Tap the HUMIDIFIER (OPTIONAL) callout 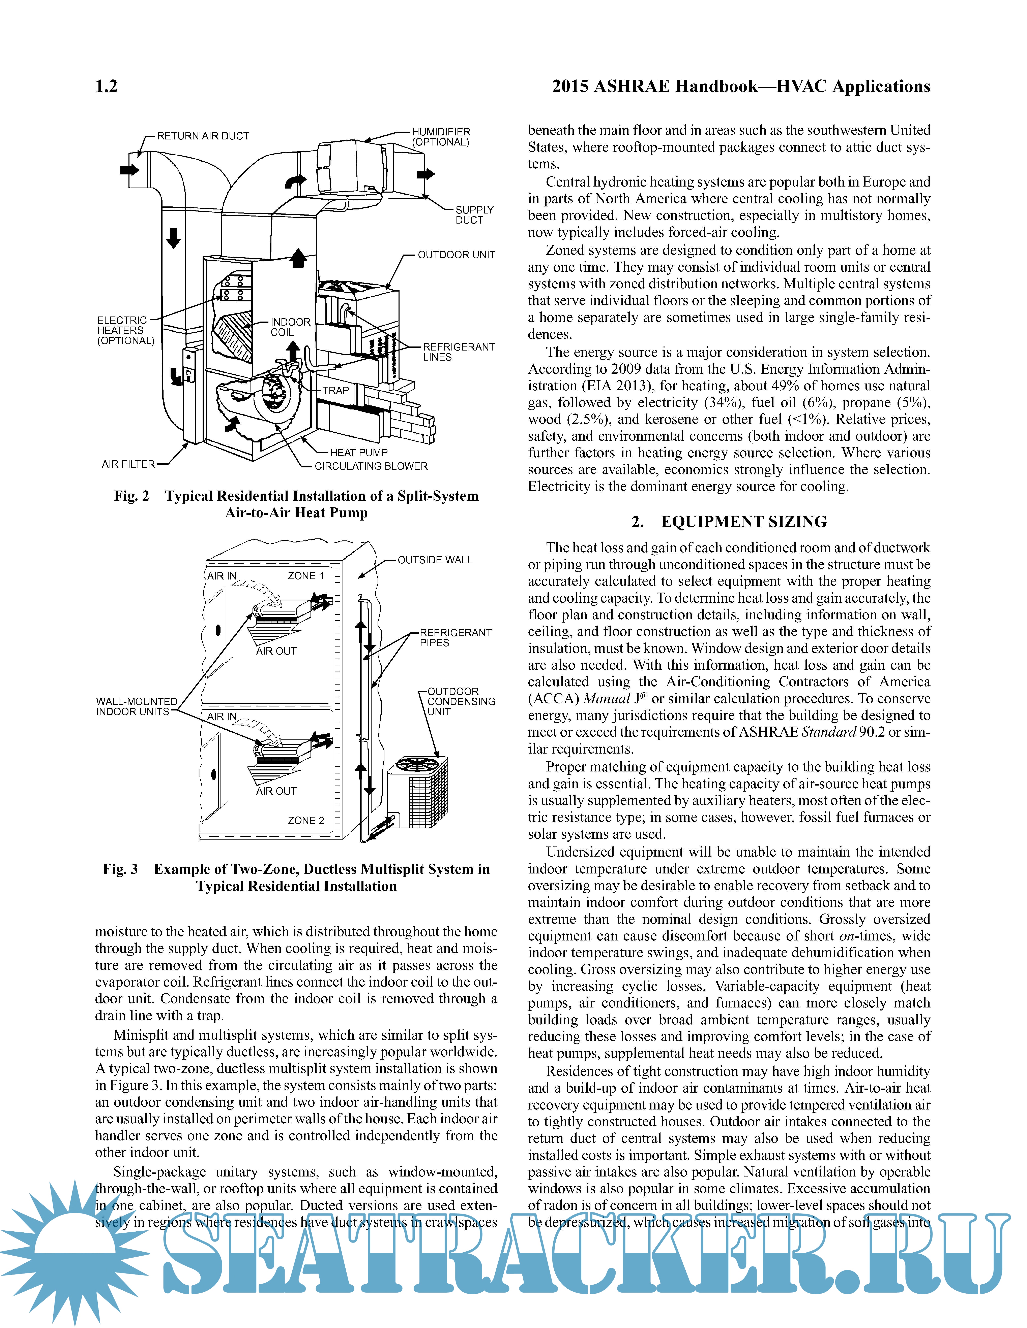(440, 137)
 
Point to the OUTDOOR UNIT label (456, 255)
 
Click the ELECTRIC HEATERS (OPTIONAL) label (125, 330)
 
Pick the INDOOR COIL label (290, 327)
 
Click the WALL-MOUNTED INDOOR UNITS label (136, 707)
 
